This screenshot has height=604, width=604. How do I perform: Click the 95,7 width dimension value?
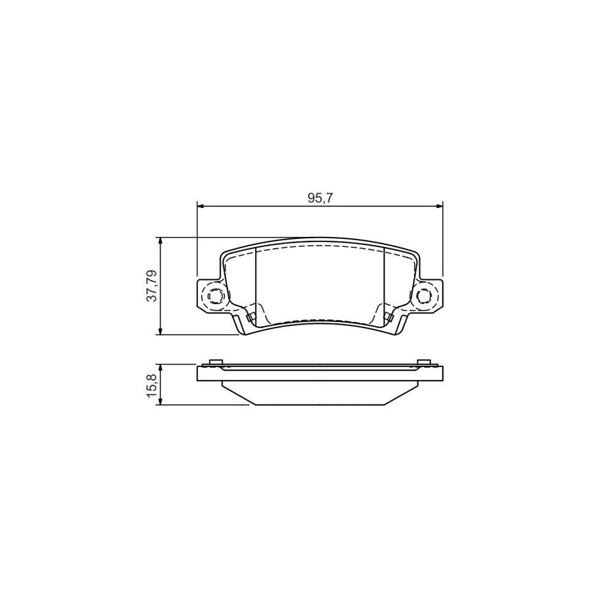[x=320, y=198]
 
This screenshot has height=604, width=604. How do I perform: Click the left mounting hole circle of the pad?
[x=216, y=296]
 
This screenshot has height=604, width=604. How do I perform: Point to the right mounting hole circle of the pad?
[x=423, y=296]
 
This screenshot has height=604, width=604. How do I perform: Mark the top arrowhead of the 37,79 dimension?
[x=160, y=241]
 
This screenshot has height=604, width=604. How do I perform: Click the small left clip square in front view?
[x=250, y=317]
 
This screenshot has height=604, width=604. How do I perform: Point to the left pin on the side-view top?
[x=215, y=363]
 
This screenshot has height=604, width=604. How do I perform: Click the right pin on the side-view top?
[x=423, y=363]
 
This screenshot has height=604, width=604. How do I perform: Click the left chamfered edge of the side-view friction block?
[x=236, y=394]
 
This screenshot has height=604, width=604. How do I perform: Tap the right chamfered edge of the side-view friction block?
[x=403, y=394]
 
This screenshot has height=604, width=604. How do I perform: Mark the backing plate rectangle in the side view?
[x=319, y=374]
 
